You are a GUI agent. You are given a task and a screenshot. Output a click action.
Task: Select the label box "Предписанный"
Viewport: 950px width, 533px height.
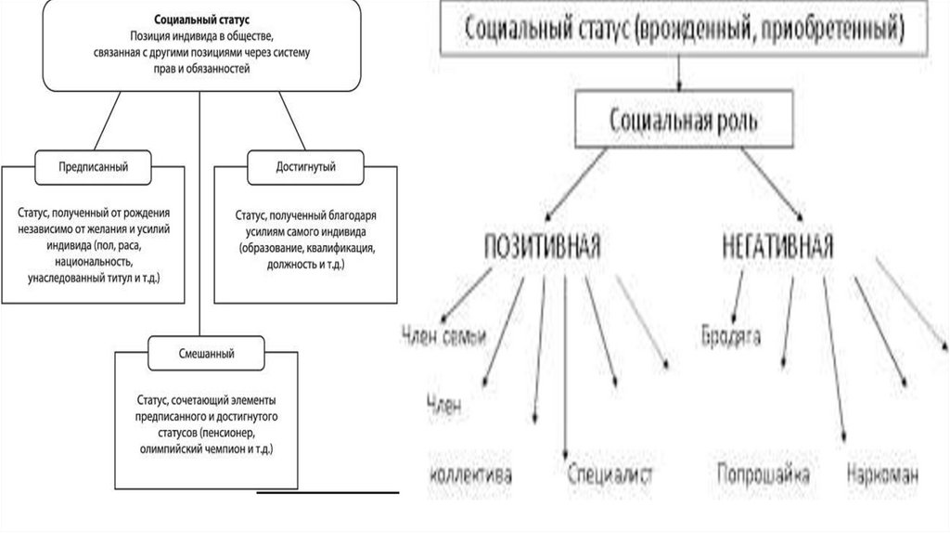93,167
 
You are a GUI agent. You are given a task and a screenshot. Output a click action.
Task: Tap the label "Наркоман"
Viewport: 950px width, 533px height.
882,475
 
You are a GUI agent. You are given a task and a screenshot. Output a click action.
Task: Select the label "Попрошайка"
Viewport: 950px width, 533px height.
764,475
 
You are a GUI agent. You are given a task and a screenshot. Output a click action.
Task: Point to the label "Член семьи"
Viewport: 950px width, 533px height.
444,336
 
